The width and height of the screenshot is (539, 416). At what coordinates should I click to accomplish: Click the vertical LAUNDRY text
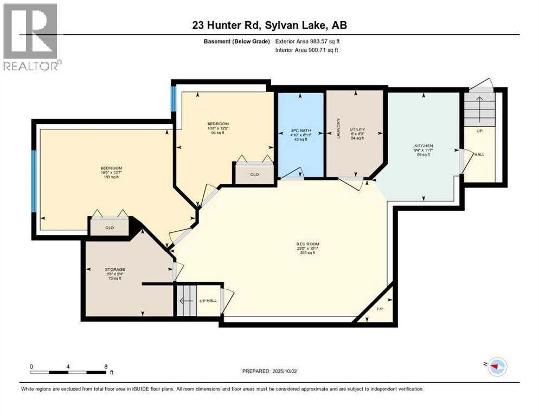[337, 128]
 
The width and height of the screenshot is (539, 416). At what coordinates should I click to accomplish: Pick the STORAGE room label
[115, 269]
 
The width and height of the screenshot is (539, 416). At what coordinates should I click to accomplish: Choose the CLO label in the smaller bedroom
[254, 174]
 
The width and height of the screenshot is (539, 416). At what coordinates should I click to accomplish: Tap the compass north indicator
[496, 367]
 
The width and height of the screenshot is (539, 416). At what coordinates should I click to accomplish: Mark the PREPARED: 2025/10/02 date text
[269, 371]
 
